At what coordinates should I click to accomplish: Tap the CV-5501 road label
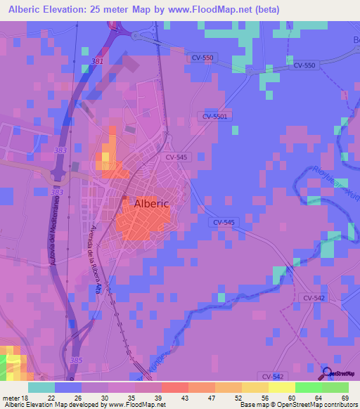coord(215,117)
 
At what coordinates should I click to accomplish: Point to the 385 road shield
coord(75,360)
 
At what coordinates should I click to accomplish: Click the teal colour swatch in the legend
coord(41,387)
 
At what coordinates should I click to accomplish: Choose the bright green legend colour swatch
coord(308,387)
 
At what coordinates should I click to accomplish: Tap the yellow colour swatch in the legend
coord(281,387)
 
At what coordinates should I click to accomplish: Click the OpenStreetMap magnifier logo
coord(326,373)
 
